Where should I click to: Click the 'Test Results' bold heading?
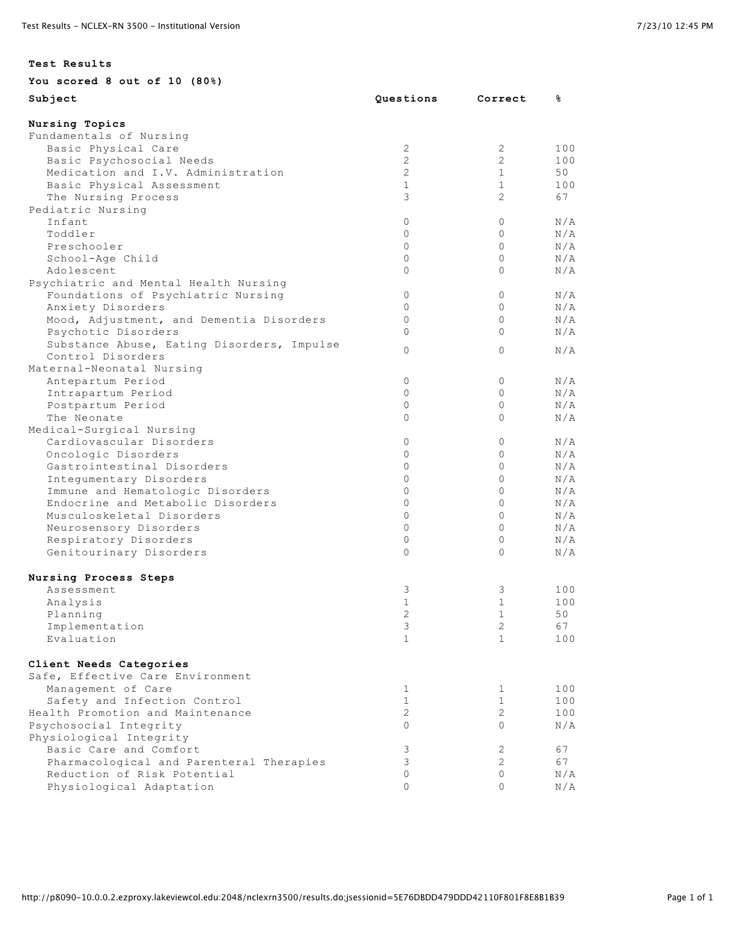(x=70, y=64)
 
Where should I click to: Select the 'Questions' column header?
(x=406, y=99)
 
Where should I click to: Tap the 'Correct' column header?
(x=501, y=99)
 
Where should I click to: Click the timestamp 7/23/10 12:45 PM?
(x=675, y=26)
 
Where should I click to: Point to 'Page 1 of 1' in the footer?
(x=690, y=898)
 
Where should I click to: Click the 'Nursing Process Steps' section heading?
(x=101, y=578)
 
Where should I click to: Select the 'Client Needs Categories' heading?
(x=108, y=664)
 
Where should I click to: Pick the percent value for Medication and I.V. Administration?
(x=561, y=173)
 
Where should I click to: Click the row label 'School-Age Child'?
(x=103, y=258)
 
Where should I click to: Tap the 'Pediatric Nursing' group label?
(x=88, y=210)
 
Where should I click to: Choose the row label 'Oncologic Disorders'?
(x=113, y=454)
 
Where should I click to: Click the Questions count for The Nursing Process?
(x=407, y=197)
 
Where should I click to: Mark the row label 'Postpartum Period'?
(x=106, y=405)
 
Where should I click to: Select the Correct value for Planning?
(x=501, y=614)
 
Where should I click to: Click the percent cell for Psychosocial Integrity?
(x=565, y=725)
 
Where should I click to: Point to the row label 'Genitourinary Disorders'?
(x=127, y=552)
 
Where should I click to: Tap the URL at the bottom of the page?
(x=293, y=898)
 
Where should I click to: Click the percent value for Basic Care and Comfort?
(x=561, y=749)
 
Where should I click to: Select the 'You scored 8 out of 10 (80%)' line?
(x=125, y=81)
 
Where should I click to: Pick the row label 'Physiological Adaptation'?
(x=130, y=787)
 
